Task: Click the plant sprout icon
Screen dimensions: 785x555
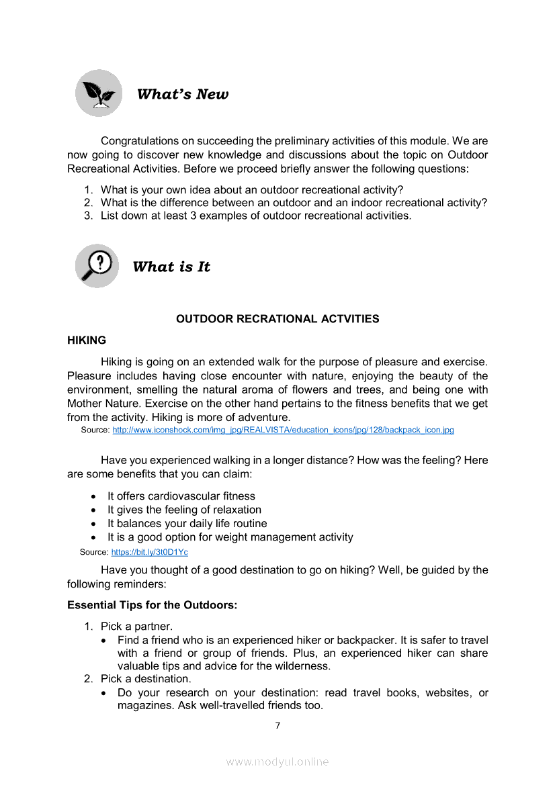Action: pyautogui.click(x=99, y=93)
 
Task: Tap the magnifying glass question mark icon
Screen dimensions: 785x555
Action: pyautogui.click(x=97, y=266)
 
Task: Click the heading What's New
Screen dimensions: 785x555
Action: pyautogui.click(x=182, y=94)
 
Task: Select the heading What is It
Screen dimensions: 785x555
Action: pyautogui.click(x=171, y=267)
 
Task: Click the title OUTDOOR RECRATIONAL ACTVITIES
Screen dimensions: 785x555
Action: pyautogui.click(x=277, y=319)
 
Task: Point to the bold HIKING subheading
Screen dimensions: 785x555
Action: pyautogui.click(x=87, y=340)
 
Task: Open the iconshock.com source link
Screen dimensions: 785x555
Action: pyautogui.click(x=283, y=430)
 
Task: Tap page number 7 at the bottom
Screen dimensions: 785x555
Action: pyautogui.click(x=277, y=725)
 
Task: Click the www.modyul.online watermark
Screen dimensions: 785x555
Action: pyautogui.click(x=277, y=761)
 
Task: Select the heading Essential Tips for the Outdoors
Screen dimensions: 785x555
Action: pyautogui.click(x=152, y=605)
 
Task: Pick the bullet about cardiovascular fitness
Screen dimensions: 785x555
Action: pyautogui.click(x=181, y=496)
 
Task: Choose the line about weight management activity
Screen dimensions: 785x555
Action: pyautogui.click(x=230, y=537)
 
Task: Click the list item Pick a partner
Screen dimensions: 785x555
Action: pyautogui.click(x=136, y=627)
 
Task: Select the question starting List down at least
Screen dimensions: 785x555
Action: pyautogui.click(x=255, y=216)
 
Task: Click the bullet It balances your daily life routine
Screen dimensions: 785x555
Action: pyautogui.click(x=187, y=524)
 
